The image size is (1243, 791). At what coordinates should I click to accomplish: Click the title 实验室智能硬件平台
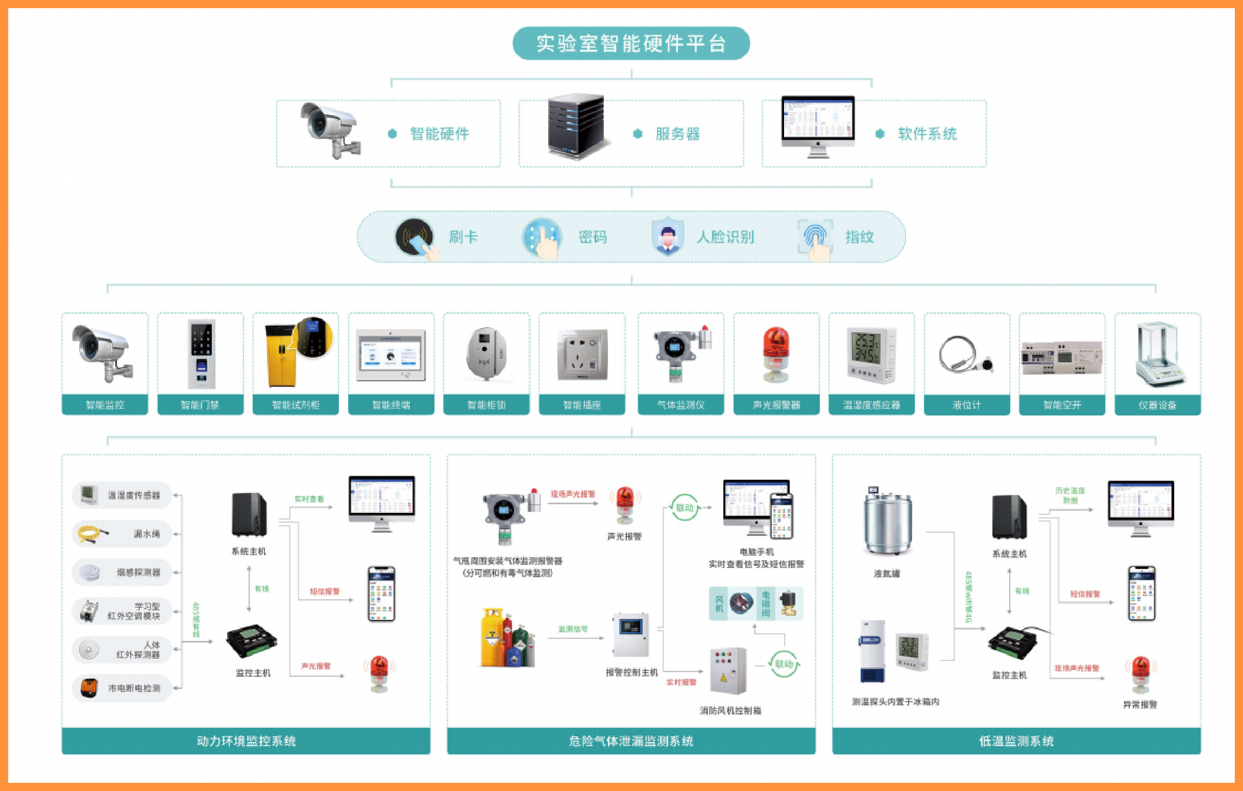pos(631,43)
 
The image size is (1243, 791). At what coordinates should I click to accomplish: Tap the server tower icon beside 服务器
pos(576,126)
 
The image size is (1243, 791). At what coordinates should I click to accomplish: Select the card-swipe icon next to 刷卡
pos(416,237)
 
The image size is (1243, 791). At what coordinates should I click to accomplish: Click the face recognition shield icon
pos(667,237)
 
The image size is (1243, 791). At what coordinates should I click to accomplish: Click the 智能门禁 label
pos(200,405)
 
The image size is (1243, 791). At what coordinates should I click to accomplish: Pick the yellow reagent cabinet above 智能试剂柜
pos(281,356)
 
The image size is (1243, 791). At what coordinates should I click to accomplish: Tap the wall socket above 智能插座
pos(582,356)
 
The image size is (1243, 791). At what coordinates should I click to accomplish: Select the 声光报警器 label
pos(776,405)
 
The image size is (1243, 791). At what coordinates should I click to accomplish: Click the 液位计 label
pos(967,405)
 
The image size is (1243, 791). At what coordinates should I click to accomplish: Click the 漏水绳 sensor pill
pos(122,533)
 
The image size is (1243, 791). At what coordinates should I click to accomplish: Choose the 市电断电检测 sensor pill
pos(122,688)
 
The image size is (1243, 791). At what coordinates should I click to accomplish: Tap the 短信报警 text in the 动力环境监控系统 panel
pos(325,591)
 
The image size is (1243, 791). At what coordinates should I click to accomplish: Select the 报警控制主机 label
pos(632,672)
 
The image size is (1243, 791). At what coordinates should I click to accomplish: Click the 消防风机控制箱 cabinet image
pos(728,671)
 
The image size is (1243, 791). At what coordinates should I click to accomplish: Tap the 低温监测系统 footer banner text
pos(1016,741)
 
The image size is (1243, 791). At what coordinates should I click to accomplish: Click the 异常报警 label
pos(1140,705)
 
